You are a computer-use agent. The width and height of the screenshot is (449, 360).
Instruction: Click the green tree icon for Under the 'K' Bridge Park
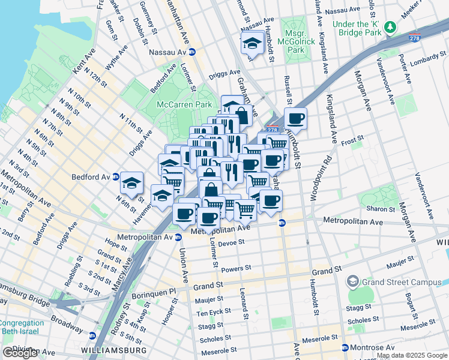(391, 27)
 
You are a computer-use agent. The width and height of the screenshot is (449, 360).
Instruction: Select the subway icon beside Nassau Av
(192, 52)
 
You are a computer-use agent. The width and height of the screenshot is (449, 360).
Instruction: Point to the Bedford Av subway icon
(115, 177)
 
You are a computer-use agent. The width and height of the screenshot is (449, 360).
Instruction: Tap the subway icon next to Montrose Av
(345, 347)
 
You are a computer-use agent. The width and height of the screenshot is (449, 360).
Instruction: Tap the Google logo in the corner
(20, 353)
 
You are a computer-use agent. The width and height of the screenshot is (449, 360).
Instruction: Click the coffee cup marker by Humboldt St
(295, 118)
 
